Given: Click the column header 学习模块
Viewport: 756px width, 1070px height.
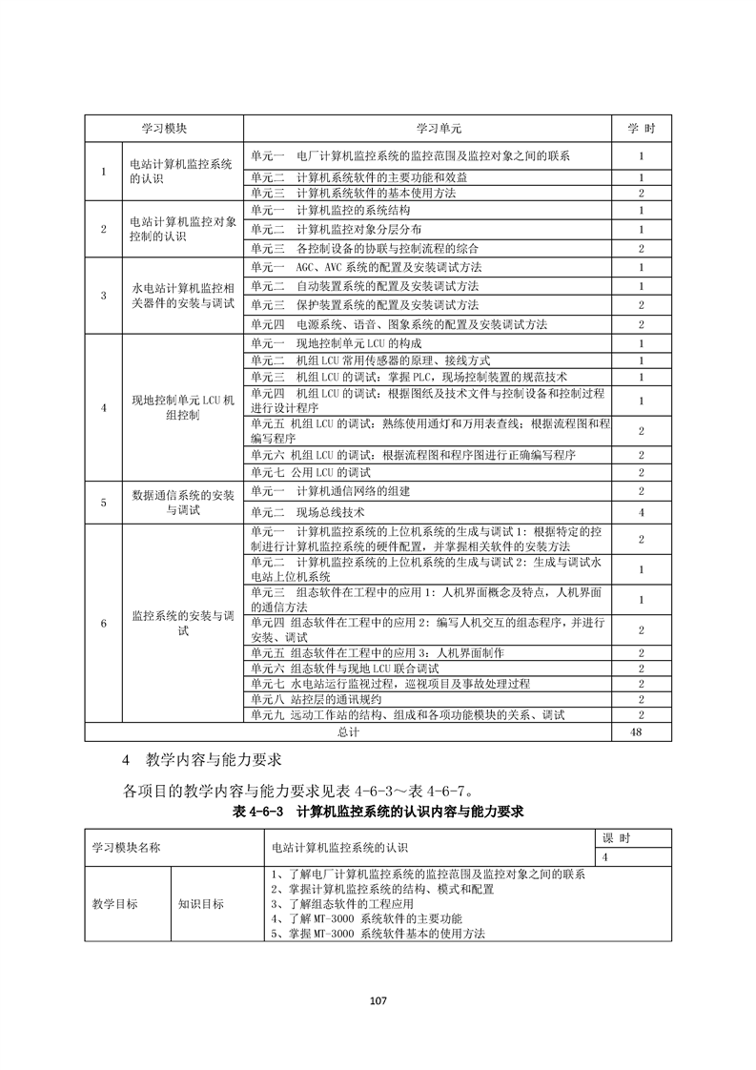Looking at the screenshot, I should (164, 128).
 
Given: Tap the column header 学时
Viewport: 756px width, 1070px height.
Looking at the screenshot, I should (641, 128).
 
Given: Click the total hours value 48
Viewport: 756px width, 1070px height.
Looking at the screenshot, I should (641, 731).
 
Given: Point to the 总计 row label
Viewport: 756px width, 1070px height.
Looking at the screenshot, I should (348, 731).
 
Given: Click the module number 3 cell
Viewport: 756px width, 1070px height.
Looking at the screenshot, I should (103, 295).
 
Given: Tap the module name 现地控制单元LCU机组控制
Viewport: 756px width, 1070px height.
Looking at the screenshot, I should (182, 408).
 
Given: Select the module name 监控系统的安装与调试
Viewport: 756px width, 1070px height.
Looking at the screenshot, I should (182, 622).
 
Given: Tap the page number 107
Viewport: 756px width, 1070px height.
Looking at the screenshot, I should (378, 1000).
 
